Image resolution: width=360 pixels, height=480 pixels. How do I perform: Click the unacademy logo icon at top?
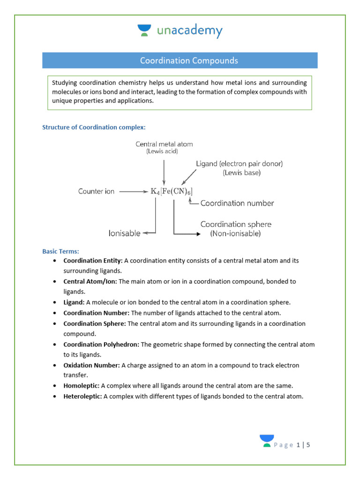tap(144, 31)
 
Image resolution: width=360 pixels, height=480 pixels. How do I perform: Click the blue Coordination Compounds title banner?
tap(180, 60)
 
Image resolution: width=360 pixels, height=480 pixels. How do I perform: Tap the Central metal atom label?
tap(164, 144)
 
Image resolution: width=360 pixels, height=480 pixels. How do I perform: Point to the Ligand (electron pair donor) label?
tap(239, 164)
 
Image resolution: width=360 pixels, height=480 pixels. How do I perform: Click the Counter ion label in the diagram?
tap(96, 191)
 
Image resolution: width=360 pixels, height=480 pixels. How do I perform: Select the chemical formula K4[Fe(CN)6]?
tap(172, 191)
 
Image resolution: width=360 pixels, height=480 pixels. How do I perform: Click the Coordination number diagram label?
tap(237, 203)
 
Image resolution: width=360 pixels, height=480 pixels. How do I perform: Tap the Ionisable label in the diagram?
tap(125, 233)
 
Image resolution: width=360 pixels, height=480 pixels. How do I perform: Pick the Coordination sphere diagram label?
tap(236, 225)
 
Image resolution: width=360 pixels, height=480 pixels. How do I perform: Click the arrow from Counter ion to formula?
tap(134, 191)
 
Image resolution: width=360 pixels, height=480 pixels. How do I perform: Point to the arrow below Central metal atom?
tap(164, 172)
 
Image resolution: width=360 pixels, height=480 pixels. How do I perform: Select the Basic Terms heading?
tap(60, 251)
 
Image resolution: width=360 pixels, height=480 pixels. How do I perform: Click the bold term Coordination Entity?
tap(93, 261)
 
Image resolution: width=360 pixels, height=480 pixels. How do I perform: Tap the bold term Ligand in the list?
tap(74, 302)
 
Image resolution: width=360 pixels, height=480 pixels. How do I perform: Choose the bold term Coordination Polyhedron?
tap(101, 345)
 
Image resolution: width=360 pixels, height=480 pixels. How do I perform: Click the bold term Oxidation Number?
tap(91, 365)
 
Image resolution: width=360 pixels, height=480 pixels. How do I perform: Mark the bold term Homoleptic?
tap(81, 386)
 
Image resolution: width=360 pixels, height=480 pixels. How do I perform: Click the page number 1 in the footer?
tap(299, 445)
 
